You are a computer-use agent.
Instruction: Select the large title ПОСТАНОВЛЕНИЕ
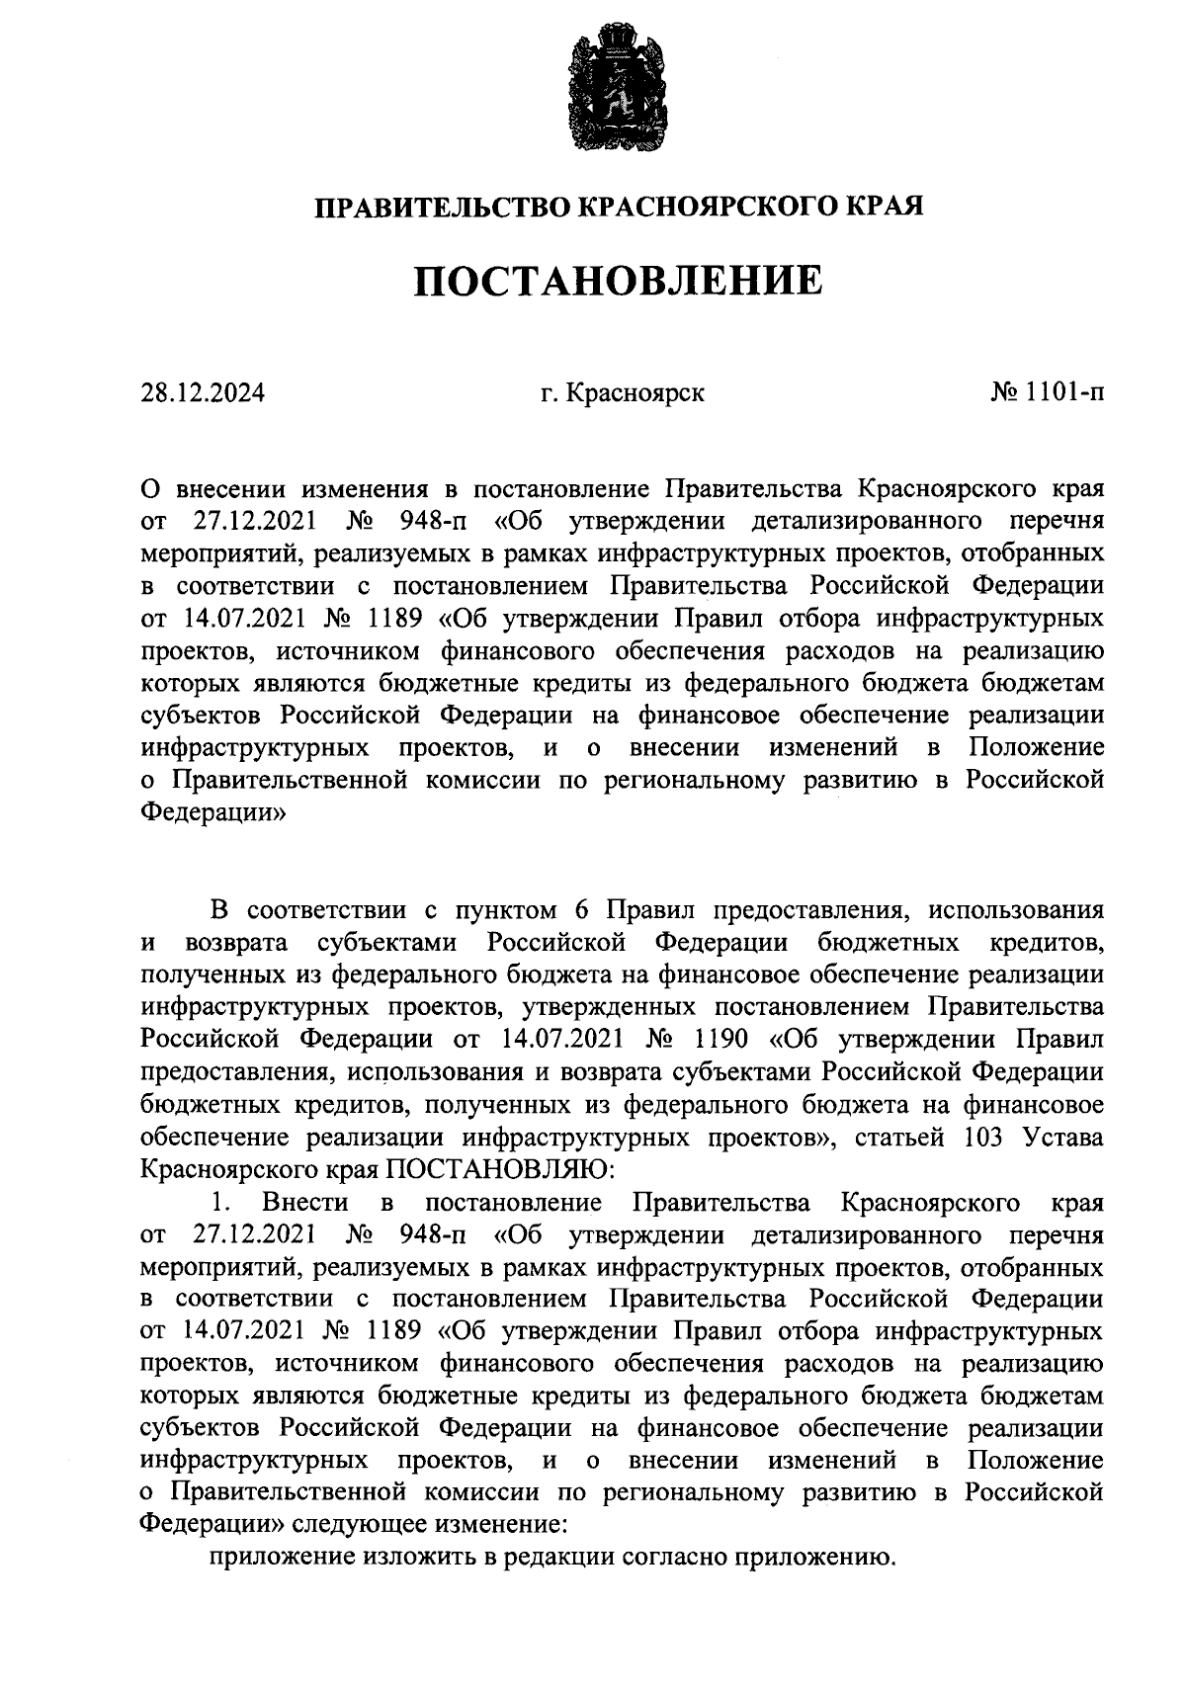point(617,282)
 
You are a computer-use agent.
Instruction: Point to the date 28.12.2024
point(203,394)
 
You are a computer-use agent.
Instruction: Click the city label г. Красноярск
point(622,394)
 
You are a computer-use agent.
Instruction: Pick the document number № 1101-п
point(1047,394)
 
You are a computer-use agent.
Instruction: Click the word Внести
point(305,1203)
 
